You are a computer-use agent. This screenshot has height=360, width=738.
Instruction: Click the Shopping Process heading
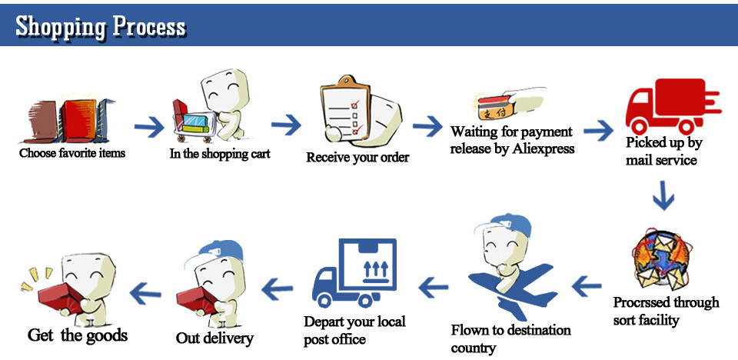point(101,26)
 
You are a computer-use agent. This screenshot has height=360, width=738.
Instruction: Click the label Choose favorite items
point(72,152)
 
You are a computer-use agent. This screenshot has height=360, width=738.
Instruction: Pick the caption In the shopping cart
point(220,153)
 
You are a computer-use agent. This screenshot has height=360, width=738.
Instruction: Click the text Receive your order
point(357,158)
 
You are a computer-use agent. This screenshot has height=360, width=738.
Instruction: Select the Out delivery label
point(214,338)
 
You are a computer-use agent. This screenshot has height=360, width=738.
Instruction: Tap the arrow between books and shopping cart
point(149,125)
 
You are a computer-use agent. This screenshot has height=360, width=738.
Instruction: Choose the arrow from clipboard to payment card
point(428,125)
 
